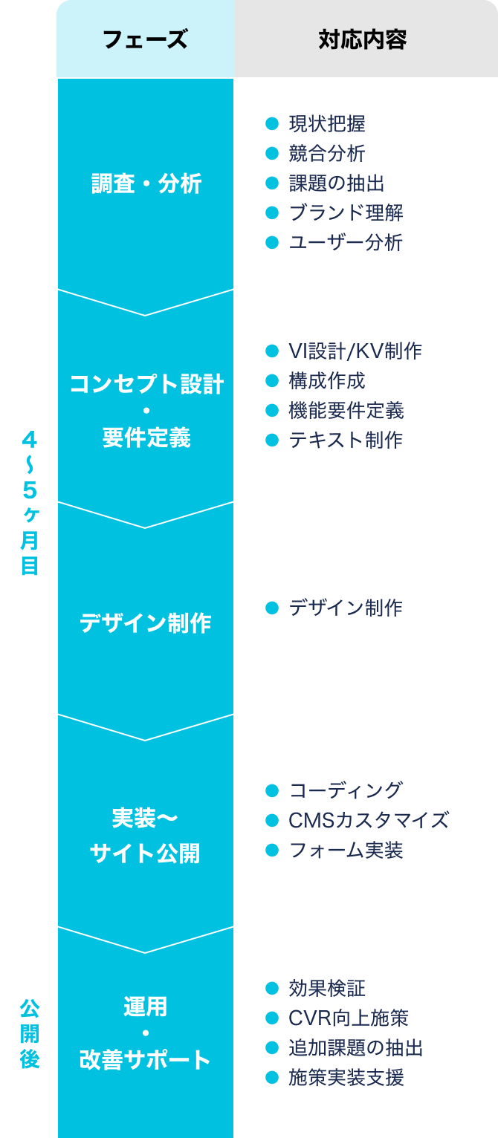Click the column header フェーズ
pos(145,39)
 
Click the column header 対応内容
pos(363,39)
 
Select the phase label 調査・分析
pos(146,183)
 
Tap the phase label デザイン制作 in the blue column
pos(146,622)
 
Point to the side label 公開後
pos(29,1033)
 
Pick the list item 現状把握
pos(326,123)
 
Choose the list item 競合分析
pos(326,153)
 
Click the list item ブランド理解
pos(346,212)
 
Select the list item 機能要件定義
pos(346,410)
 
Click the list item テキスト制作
pos(346,440)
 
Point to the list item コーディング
pos(346,790)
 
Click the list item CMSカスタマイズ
pos(369,820)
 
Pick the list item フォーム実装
pos(346,850)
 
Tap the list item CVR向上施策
pos(348,1018)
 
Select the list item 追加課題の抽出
pos(355,1047)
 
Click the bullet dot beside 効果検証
pos(271,988)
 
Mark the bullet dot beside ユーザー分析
pos(271,242)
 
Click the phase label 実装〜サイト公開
pos(146,836)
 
